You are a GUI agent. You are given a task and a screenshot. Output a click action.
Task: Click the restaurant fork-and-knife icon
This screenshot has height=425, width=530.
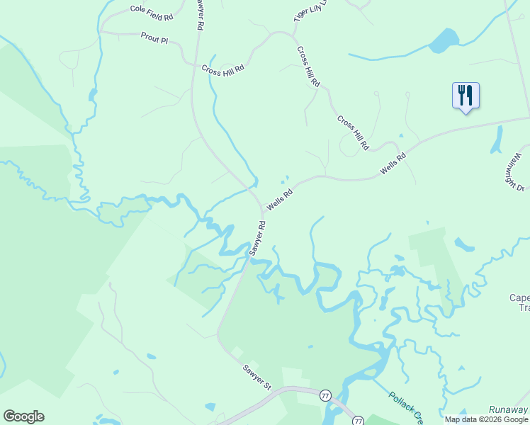(466, 94)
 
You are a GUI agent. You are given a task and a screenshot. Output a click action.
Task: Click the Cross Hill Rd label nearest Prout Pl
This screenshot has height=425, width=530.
(222, 69)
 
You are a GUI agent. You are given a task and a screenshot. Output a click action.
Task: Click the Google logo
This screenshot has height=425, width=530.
(23, 416)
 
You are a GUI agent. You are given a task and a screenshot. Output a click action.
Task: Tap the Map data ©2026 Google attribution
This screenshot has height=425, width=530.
(487, 419)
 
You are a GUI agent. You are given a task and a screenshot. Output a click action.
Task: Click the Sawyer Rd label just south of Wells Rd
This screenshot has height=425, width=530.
(257, 238)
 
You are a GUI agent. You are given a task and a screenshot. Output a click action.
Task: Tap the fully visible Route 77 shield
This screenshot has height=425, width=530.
(325, 395)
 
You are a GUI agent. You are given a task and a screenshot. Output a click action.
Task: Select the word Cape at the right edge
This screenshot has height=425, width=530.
(519, 298)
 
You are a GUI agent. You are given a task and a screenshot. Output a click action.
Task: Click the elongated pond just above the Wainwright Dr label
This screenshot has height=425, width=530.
(497, 139)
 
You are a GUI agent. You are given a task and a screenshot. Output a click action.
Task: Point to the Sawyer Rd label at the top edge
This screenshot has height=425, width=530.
(200, 14)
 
